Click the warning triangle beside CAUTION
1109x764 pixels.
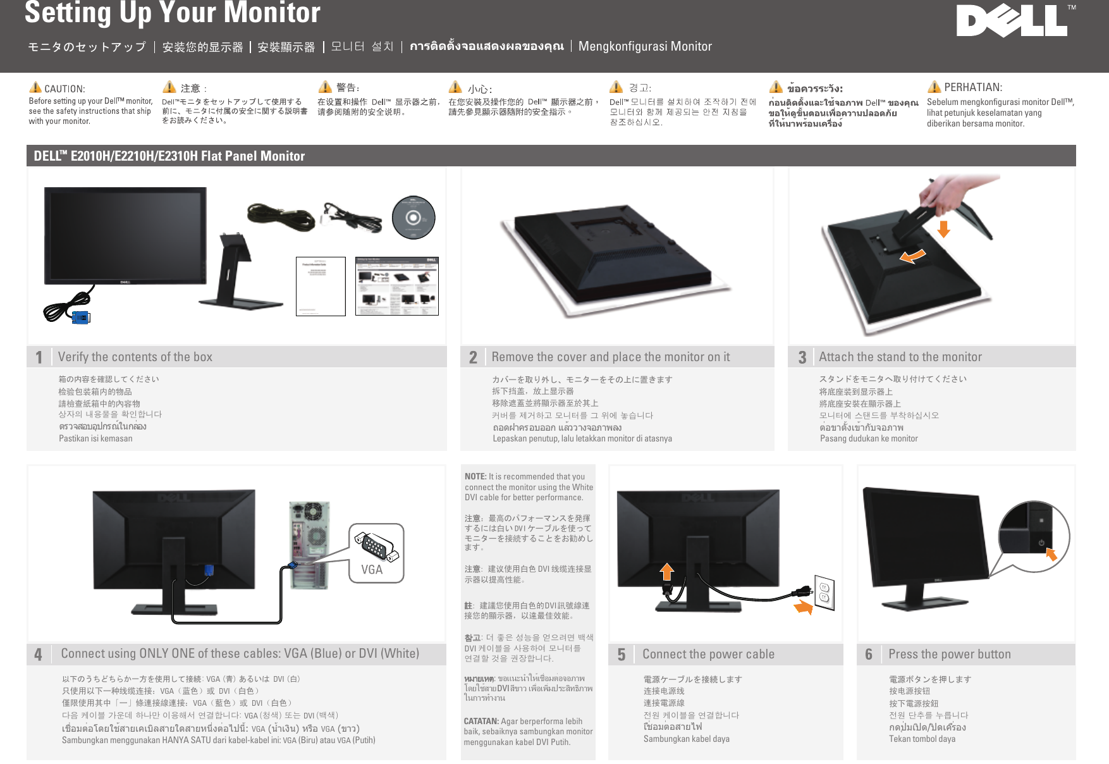(x=35, y=87)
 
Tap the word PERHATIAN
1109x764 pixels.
(x=972, y=87)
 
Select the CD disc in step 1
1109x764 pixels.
(x=414, y=218)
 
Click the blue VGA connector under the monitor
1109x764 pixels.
(x=81, y=317)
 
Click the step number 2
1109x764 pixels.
(x=473, y=357)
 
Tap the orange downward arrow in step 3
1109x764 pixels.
(x=943, y=228)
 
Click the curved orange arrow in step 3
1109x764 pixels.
(x=912, y=256)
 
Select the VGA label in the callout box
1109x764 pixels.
(x=372, y=569)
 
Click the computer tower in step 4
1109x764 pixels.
(x=310, y=544)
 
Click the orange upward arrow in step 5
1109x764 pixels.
(x=667, y=571)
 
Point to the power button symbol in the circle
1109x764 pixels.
(x=1041, y=543)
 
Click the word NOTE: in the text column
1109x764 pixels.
(x=475, y=476)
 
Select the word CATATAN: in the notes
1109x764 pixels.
(x=481, y=721)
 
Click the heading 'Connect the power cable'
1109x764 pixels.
(x=708, y=654)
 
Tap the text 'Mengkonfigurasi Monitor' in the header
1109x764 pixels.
(x=645, y=46)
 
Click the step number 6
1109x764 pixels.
(x=869, y=655)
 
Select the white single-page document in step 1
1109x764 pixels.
(x=321, y=286)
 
